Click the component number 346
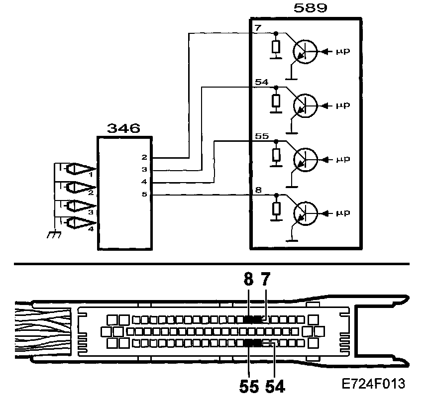123,129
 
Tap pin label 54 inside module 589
260,81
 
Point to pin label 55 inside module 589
260,135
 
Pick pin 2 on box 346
144,158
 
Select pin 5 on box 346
144,195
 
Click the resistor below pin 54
276,101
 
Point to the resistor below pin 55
276,155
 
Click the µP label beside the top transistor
343,51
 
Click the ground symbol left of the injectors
53,235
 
